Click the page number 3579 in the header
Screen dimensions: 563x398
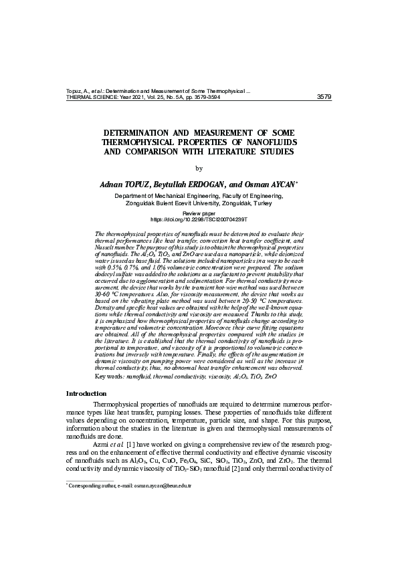[323, 96]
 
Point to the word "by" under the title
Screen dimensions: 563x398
[199, 168]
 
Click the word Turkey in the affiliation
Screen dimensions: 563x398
[268, 202]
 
